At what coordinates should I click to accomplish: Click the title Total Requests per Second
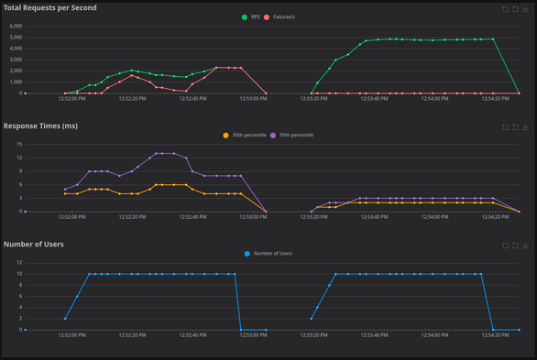click(x=50, y=7)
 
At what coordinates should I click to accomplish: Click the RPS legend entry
click(x=250, y=16)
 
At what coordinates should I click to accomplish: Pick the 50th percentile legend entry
click(x=245, y=135)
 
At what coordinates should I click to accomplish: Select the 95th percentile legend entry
click(x=291, y=135)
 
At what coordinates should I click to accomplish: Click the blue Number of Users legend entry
click(x=268, y=253)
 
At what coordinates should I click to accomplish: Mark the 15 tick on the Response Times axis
click(x=17, y=144)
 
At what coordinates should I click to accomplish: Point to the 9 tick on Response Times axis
click(x=19, y=170)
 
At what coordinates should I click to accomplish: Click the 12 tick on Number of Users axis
click(x=17, y=262)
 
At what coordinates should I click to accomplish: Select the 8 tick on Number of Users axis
click(x=19, y=284)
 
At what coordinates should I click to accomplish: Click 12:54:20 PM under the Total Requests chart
click(x=493, y=99)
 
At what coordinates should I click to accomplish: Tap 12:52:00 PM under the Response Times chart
click(x=71, y=217)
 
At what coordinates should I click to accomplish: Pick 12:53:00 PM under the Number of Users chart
click(x=253, y=335)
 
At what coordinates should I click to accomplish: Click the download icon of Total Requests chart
click(x=527, y=8)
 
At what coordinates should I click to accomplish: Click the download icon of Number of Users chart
click(x=527, y=245)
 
